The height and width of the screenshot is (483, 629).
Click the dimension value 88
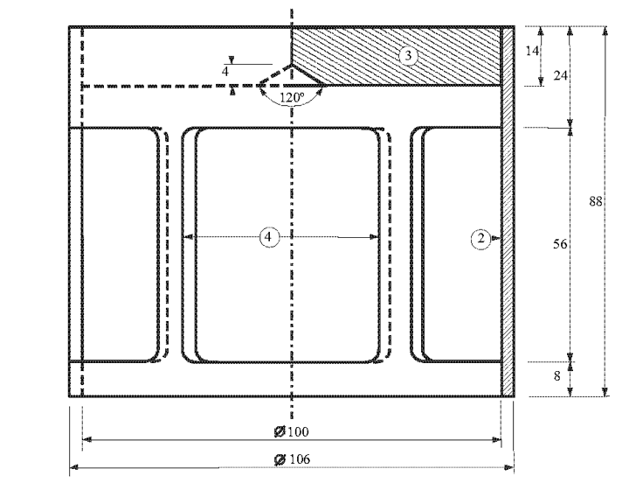[x=596, y=201]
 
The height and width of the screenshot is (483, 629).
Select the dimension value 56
[x=560, y=243]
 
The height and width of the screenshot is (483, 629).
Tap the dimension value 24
[x=560, y=75]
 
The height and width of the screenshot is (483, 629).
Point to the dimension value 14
[x=532, y=51]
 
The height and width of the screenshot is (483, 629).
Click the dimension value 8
[x=556, y=376]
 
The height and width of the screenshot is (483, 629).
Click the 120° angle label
[x=292, y=97]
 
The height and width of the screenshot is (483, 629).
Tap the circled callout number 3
[x=408, y=55]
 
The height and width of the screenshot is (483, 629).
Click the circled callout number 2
[x=481, y=239]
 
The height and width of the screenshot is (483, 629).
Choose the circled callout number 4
[x=269, y=237]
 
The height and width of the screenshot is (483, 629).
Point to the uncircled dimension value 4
[x=225, y=72]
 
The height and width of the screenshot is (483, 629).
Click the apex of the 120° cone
[x=291, y=64]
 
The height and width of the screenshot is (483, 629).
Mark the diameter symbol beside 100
[x=280, y=432]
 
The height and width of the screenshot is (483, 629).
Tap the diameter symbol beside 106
[x=280, y=459]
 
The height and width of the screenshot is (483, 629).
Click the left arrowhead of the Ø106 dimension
[x=73, y=467]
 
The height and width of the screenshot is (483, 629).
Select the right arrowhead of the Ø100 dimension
[x=496, y=440]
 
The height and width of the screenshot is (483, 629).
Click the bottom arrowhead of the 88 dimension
[x=605, y=392]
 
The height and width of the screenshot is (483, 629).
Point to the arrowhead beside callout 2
[x=496, y=238]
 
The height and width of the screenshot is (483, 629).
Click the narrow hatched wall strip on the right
[x=508, y=212]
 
